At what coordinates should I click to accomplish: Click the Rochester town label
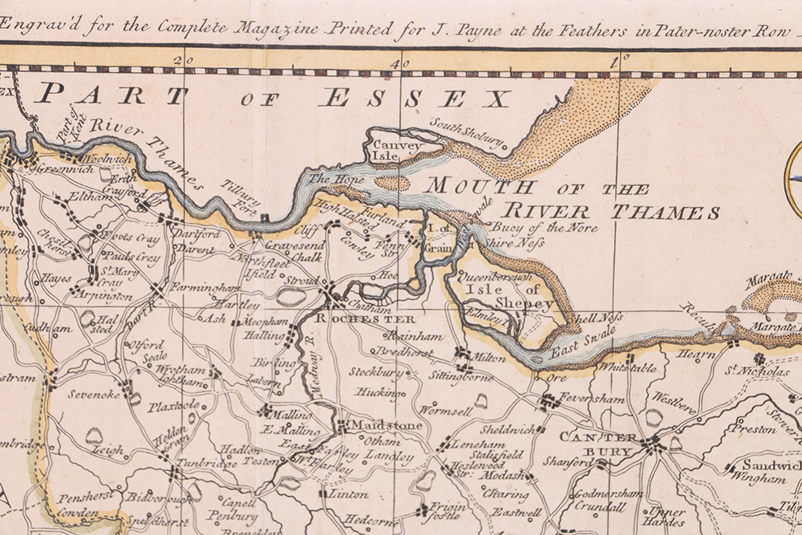(x=355, y=319)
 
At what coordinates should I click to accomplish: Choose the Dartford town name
(x=197, y=234)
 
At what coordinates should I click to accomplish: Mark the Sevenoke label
(x=94, y=395)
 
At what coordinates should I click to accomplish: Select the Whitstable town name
(x=629, y=368)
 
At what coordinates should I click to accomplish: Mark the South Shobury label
(x=468, y=134)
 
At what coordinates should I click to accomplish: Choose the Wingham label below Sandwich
(x=758, y=479)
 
